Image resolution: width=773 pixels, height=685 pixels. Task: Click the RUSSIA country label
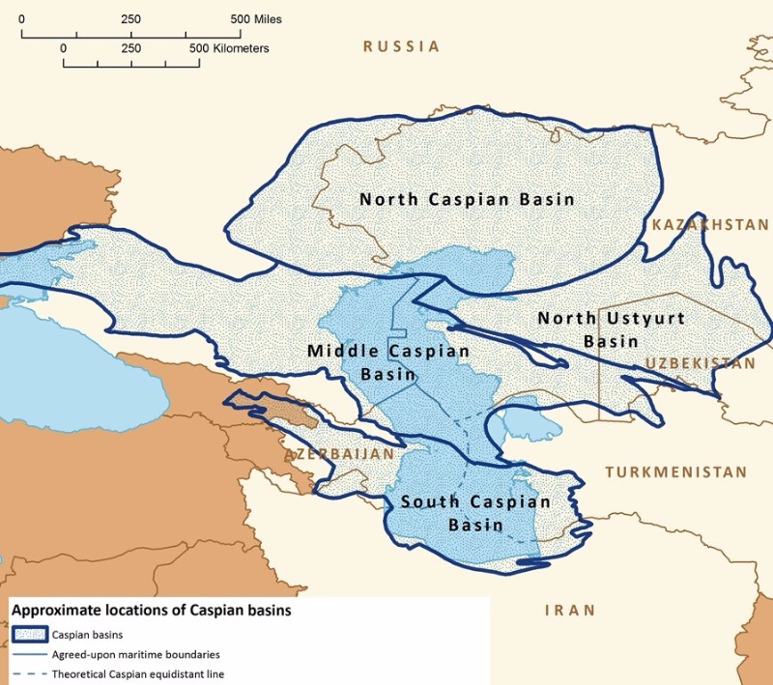tap(401, 46)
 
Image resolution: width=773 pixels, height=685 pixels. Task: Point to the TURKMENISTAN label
tap(676, 472)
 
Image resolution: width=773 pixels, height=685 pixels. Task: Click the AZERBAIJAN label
tap(339, 453)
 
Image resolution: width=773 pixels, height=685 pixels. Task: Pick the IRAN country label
tap(570, 611)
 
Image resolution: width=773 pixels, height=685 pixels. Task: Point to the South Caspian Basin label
tap(475, 514)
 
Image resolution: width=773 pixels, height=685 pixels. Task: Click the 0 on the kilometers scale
tap(64, 46)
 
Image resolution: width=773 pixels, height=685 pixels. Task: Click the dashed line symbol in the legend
tap(35, 673)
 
